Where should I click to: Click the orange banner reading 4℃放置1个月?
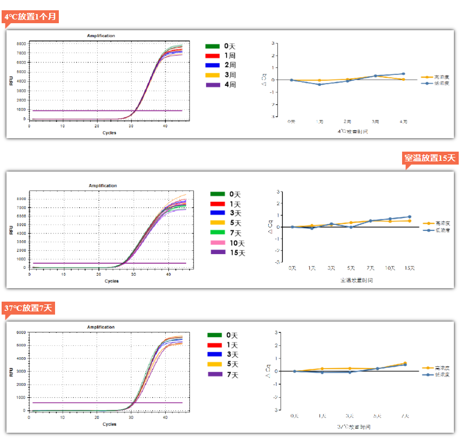click(30, 17)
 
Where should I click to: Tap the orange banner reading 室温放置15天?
click(431, 158)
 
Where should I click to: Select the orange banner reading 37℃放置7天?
click(29, 308)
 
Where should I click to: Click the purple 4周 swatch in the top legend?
click(213, 85)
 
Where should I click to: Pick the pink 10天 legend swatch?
click(217, 243)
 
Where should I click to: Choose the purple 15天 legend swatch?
click(217, 253)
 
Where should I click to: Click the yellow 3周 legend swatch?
click(213, 75)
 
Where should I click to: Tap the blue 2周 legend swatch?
click(213, 65)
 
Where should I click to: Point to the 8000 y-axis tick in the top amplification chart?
click(21, 43)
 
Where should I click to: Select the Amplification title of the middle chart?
click(103, 186)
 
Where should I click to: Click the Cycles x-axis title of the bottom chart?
click(110, 424)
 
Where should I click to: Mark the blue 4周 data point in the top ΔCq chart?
click(403, 74)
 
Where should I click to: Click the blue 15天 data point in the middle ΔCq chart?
click(410, 217)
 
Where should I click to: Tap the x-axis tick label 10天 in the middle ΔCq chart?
click(390, 268)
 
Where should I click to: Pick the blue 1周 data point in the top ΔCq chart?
click(320, 85)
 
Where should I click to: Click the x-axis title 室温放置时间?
click(356, 280)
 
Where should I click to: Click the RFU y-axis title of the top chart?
click(11, 81)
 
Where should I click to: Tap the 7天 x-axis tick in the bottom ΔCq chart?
click(405, 416)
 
